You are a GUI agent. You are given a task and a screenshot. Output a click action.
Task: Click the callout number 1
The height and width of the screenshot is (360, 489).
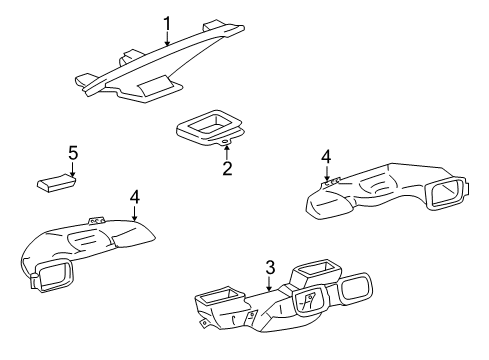click(x=167, y=24)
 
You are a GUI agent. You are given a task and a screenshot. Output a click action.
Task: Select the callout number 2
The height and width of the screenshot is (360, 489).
click(x=227, y=168)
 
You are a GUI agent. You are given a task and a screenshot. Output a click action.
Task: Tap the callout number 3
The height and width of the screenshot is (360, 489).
click(x=270, y=267)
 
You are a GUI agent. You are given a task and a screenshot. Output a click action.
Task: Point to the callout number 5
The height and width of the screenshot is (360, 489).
click(x=73, y=153)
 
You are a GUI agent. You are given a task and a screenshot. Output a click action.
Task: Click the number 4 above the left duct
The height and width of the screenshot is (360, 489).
click(x=135, y=197)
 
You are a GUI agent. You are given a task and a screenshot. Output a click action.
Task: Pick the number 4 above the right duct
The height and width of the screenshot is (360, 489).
click(x=326, y=157)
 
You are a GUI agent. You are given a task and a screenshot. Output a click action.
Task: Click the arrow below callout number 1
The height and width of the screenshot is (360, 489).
click(x=167, y=38)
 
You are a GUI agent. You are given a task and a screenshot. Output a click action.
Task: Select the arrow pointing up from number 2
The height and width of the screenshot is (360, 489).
click(x=227, y=153)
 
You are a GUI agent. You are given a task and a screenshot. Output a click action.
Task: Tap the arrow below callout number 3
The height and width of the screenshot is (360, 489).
click(x=269, y=283)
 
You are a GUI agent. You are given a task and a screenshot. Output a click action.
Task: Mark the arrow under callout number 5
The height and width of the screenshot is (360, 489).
click(x=73, y=169)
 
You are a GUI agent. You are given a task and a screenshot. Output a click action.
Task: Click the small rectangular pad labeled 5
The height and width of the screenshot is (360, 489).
click(x=56, y=183)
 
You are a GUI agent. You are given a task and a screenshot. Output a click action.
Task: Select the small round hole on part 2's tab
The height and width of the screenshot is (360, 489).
click(x=226, y=142)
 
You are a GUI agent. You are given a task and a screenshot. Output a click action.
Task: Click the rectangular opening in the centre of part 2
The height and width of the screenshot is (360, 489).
click(x=208, y=123)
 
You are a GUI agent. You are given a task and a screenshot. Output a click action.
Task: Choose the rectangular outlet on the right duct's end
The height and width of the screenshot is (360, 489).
click(x=447, y=193)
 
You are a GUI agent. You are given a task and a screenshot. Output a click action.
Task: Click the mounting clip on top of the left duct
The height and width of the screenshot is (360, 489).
click(x=96, y=221)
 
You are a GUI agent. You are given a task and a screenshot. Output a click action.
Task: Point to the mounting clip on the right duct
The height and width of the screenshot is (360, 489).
click(x=332, y=181)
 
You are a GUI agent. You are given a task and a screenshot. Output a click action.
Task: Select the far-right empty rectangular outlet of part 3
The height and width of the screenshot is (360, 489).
click(x=355, y=288)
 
